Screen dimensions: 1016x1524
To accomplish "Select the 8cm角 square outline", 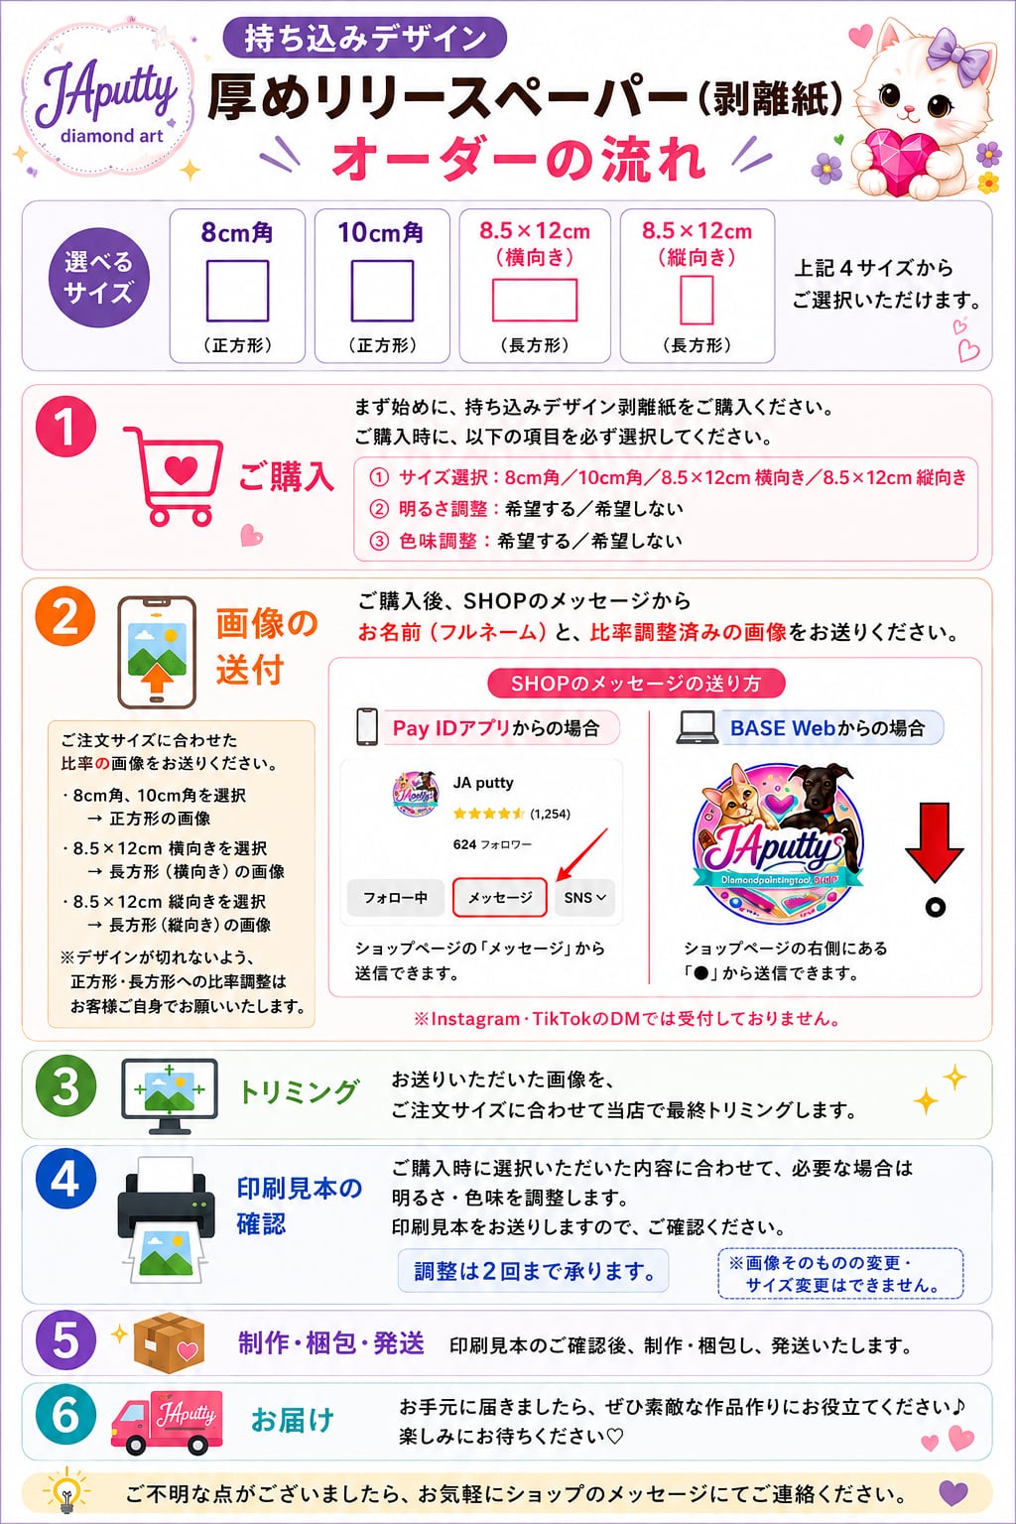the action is (237, 291).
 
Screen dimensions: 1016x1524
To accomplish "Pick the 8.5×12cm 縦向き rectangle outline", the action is (697, 300).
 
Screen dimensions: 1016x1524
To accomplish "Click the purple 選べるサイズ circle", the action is (98, 278).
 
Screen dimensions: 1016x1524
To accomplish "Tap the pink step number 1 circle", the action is (66, 426).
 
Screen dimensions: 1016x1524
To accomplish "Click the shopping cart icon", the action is (174, 475).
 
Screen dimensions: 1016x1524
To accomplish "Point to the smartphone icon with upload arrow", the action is (157, 653).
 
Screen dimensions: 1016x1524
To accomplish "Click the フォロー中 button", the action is (395, 897).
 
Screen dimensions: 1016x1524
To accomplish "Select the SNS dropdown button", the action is (584, 897).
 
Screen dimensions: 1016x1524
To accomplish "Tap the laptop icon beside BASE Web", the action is (697, 728).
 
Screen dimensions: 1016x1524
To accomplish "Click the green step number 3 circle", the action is (66, 1085).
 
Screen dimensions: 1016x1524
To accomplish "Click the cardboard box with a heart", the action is (170, 1342).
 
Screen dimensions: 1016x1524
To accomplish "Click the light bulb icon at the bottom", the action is (66, 1492).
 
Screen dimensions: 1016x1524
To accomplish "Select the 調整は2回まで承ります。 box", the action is (534, 1270).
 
